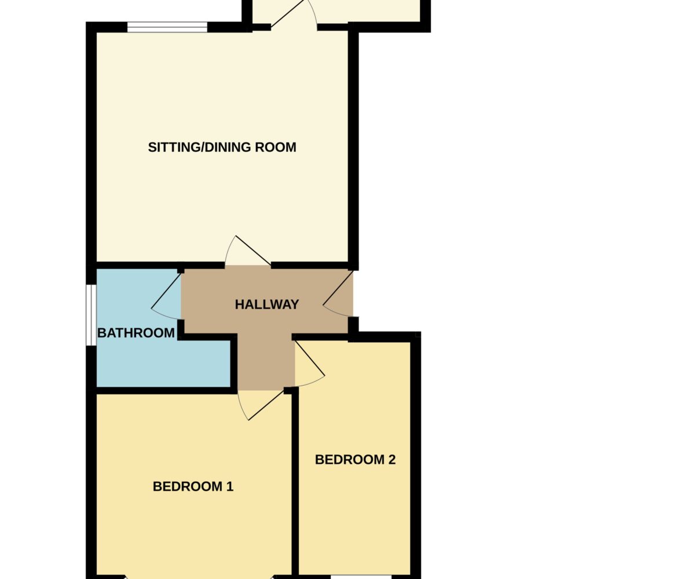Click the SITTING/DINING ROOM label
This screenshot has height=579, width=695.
click(x=222, y=147)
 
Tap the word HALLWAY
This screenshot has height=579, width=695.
click(x=267, y=305)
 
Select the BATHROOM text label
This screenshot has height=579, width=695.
click(x=136, y=333)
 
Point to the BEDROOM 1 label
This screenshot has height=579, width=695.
click(x=193, y=486)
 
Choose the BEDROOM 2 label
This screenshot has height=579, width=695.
click(x=355, y=460)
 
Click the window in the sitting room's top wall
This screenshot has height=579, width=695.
click(x=167, y=27)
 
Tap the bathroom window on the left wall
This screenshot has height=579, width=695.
click(x=91, y=315)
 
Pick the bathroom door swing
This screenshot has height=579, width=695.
click(x=166, y=295)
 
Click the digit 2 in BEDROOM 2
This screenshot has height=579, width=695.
click(x=392, y=460)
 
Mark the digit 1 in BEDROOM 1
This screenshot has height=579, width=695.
click(x=230, y=486)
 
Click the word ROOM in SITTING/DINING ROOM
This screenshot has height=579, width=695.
click(x=276, y=147)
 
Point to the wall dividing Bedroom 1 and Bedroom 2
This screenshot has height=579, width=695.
click(x=295, y=482)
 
